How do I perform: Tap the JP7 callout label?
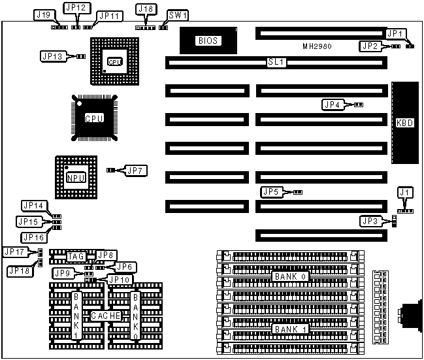point(137,171)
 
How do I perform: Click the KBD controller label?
point(405,122)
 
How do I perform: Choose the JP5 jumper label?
point(270,192)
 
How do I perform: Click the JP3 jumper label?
point(370,221)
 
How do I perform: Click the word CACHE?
point(105,316)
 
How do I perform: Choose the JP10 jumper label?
point(119,280)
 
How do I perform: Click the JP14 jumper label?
point(33,206)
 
